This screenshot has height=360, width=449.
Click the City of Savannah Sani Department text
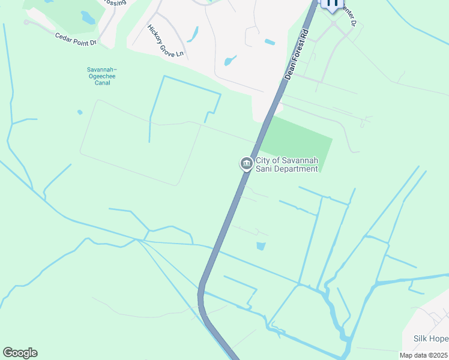(286, 164)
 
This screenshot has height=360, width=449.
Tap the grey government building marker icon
(246, 163)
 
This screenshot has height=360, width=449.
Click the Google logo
(20, 353)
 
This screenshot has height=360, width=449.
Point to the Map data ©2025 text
(423, 355)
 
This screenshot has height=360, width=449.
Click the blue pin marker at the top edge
(331, 4)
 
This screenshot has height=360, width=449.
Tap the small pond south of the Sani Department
(261, 245)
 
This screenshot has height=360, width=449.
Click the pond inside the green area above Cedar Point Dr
(88, 17)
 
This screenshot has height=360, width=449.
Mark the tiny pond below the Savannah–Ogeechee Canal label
(80, 112)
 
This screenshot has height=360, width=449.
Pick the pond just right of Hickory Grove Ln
(193, 34)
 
